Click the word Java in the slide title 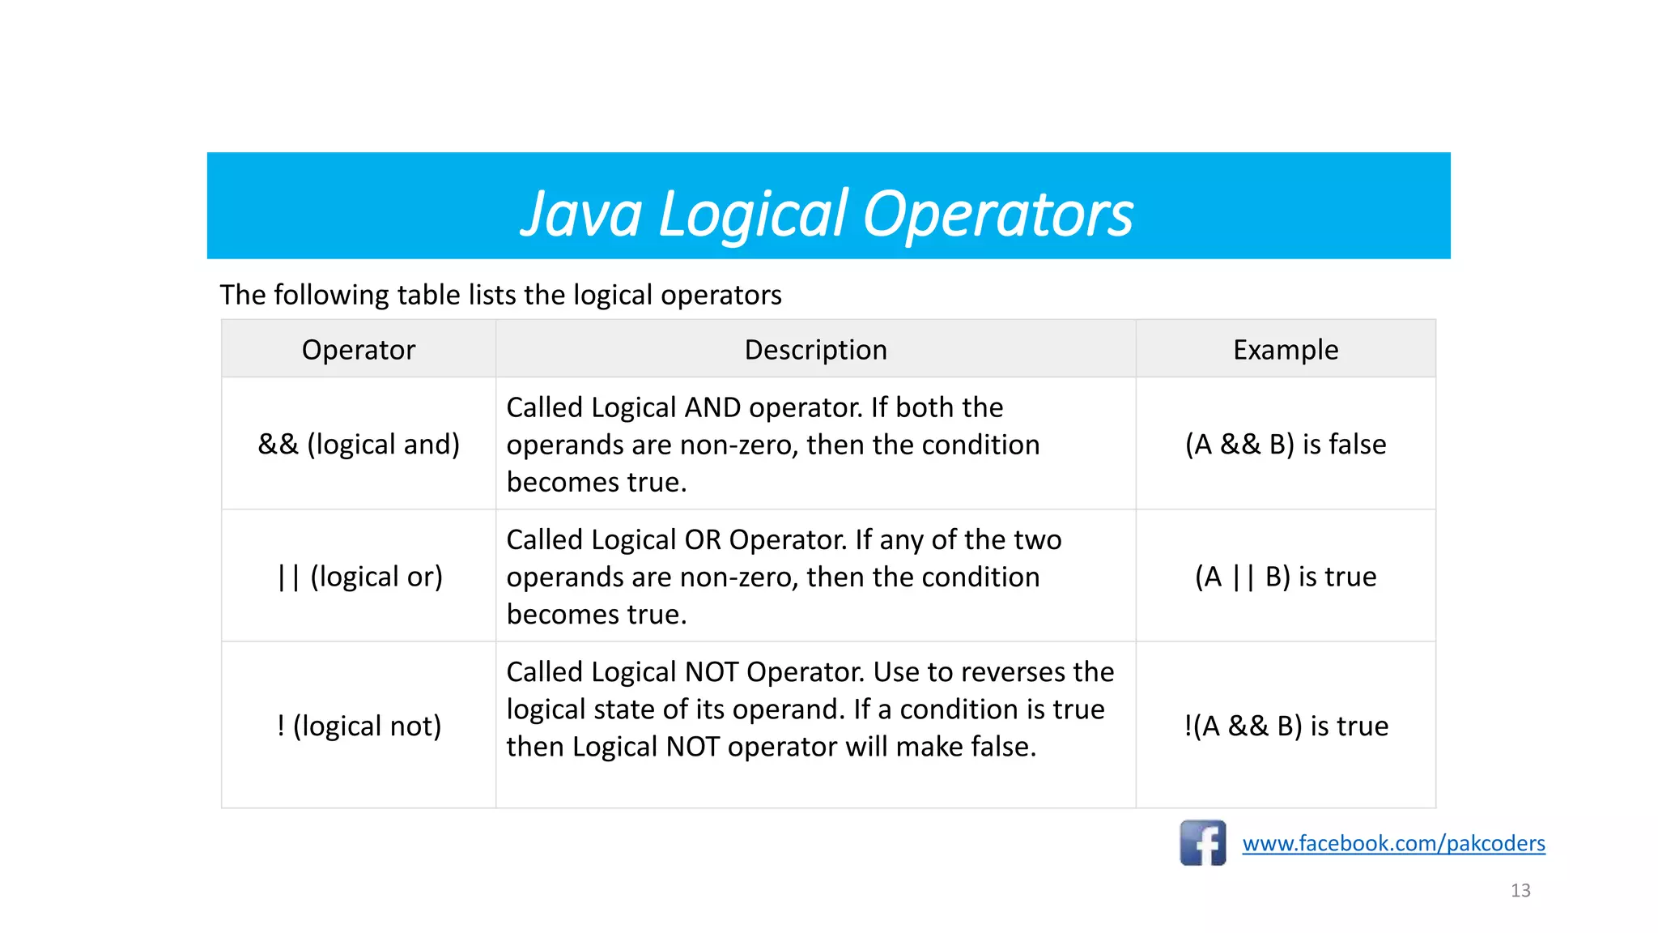[580, 215]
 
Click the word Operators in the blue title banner [997, 215]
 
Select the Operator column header [358, 350]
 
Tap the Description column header [815, 350]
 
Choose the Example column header [1285, 350]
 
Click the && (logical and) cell [358, 444]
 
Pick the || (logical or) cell [359, 577]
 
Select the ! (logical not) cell [359, 726]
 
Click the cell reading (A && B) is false [1285, 444]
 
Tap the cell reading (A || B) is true [1285, 577]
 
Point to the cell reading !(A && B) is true [1285, 726]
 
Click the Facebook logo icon [1202, 843]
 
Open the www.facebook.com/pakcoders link [1393, 844]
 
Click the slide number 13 [1520, 891]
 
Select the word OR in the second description [702, 540]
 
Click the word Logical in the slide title [753, 215]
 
